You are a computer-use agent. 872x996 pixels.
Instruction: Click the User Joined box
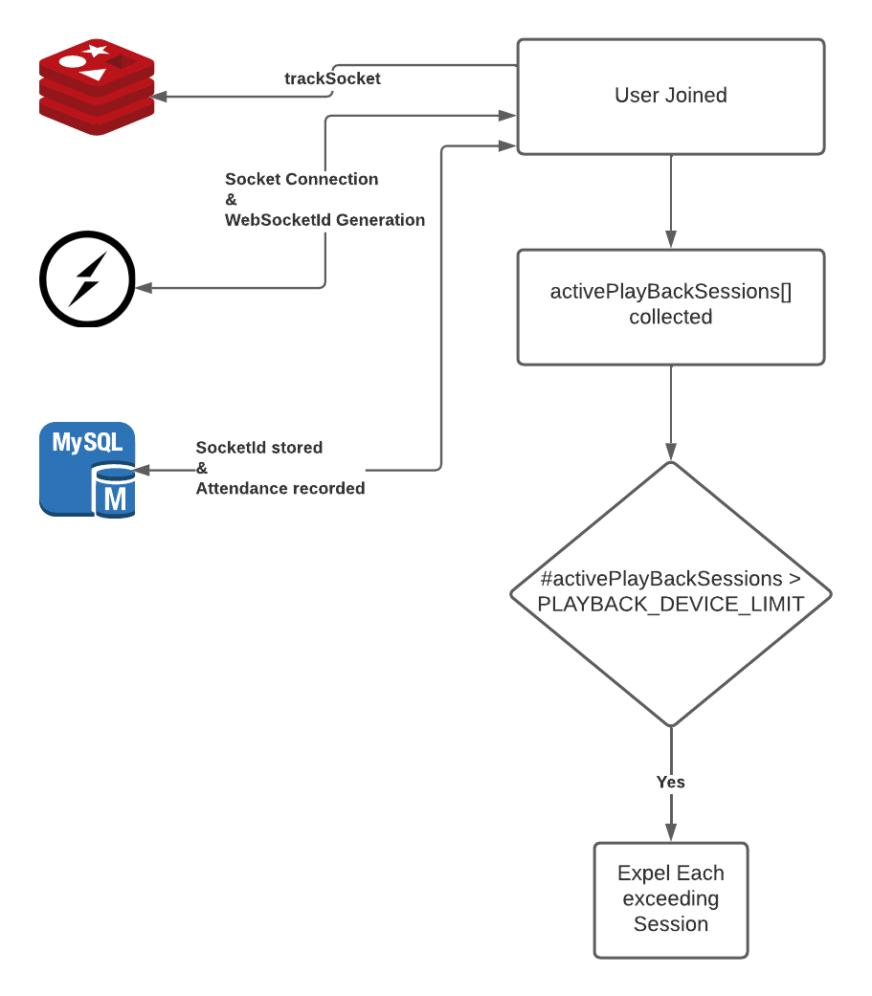point(670,97)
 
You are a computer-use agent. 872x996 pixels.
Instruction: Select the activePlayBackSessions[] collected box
point(670,306)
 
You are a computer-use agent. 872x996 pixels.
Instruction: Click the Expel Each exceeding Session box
point(670,899)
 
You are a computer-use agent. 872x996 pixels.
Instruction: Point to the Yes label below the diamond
point(670,782)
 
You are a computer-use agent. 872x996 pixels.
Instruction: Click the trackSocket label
point(332,78)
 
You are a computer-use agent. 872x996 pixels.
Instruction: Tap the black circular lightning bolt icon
point(87,278)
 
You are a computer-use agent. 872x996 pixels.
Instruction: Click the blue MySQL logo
point(87,469)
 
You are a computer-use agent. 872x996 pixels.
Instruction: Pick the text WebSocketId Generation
point(324,220)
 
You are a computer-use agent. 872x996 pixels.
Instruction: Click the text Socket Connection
point(302,179)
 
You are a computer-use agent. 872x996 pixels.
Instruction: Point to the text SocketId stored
point(259,447)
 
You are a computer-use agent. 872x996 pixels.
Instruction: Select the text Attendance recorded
point(280,488)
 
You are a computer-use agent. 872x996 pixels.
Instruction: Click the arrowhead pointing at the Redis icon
point(160,97)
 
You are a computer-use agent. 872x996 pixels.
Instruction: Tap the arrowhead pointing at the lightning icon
point(143,287)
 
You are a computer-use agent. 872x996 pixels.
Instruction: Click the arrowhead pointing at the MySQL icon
point(142,470)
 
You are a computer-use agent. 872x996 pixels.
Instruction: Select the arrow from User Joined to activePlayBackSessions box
point(670,201)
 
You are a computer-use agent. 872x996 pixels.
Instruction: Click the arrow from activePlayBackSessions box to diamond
point(670,411)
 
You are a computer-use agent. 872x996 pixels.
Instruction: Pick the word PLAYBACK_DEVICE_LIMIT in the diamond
point(670,604)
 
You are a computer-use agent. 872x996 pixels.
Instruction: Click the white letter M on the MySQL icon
point(115,498)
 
